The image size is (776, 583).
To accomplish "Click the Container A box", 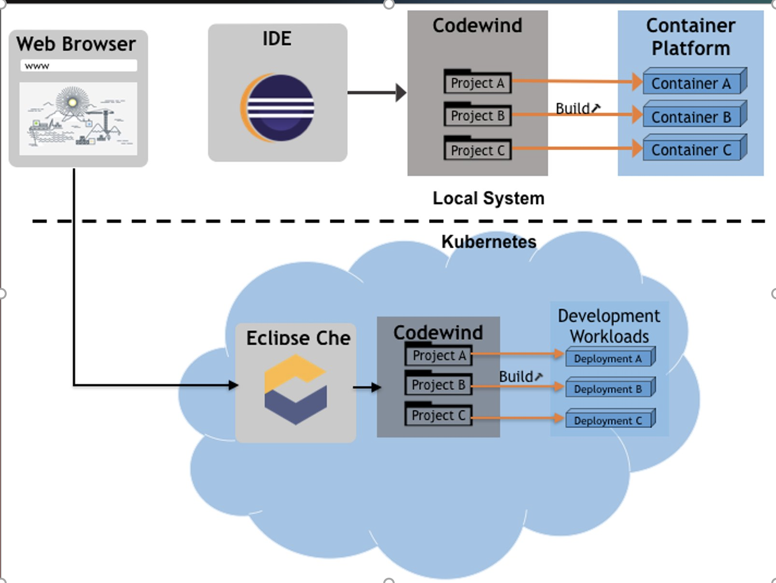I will click(691, 84).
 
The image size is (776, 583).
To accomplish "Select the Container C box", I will click(691, 150).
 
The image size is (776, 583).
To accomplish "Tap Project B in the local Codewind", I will click(477, 116).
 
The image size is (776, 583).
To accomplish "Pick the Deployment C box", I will click(608, 420).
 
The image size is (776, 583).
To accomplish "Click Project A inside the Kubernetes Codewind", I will click(439, 356).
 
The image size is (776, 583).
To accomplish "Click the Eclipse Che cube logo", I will click(296, 389).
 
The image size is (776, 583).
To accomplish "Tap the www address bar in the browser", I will click(78, 66).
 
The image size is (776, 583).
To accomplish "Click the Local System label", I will click(488, 198).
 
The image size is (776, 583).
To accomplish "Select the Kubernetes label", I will click(489, 241).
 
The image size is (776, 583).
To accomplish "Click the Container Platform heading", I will click(690, 37).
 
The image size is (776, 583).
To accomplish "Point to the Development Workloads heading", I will click(609, 326).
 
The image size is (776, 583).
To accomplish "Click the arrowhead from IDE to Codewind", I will click(401, 92).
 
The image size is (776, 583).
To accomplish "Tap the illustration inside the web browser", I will click(78, 118).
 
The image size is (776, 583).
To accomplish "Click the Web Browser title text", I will click(76, 44).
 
